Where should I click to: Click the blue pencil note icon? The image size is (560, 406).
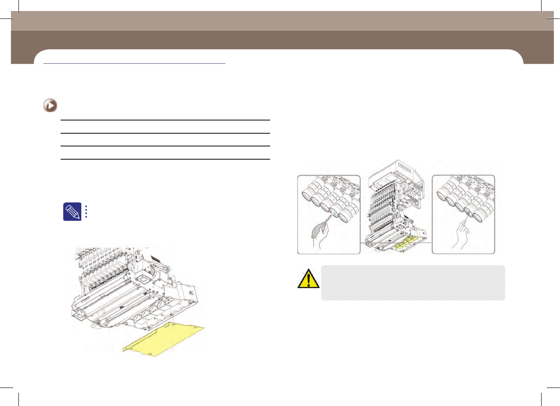[x=72, y=212]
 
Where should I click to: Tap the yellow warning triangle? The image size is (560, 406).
[x=308, y=279]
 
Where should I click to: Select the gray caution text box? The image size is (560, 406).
[x=413, y=282]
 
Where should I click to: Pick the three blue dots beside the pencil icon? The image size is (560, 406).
[x=87, y=211]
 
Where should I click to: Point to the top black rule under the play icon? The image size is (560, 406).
[x=165, y=120]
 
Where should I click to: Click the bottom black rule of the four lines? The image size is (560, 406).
[x=165, y=159]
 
